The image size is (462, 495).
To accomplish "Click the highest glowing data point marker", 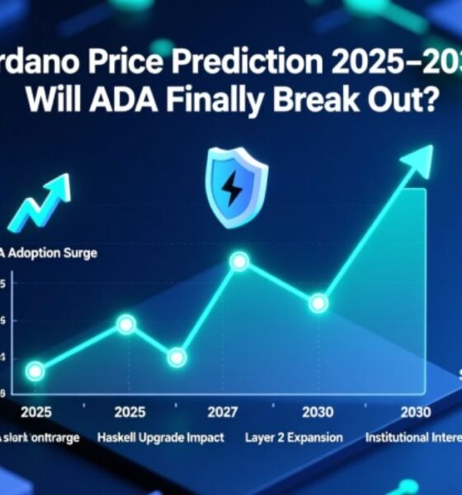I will (x=239, y=262).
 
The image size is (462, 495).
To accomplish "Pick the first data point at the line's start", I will (x=34, y=371).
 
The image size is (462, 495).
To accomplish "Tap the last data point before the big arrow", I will (x=318, y=304).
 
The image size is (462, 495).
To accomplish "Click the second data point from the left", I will (x=125, y=324).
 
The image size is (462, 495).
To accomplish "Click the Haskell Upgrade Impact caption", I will (x=160, y=437).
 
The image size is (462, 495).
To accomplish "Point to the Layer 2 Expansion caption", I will (x=294, y=437).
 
